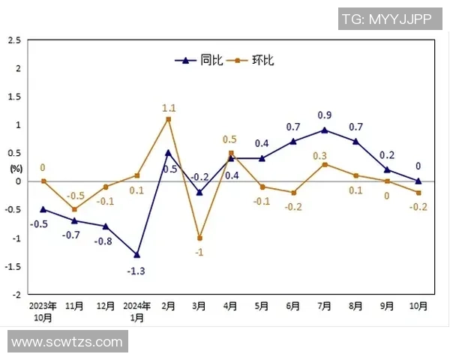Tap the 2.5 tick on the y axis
[14, 40]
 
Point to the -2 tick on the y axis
[16, 294]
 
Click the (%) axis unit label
[16, 168]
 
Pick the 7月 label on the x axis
[325, 306]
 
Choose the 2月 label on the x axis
[169, 306]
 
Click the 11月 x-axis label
[74, 306]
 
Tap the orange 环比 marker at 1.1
[169, 119]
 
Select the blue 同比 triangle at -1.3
[137, 254]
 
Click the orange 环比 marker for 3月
[199, 238]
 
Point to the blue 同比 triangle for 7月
[325, 130]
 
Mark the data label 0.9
[325, 115]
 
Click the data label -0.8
[103, 241]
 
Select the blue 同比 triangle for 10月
[418, 181]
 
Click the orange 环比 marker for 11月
[74, 209]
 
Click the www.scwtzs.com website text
[67, 342]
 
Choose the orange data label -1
[199, 252]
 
